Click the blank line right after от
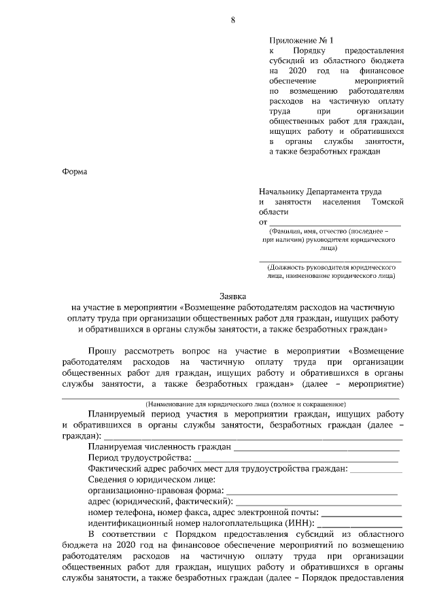334,222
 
